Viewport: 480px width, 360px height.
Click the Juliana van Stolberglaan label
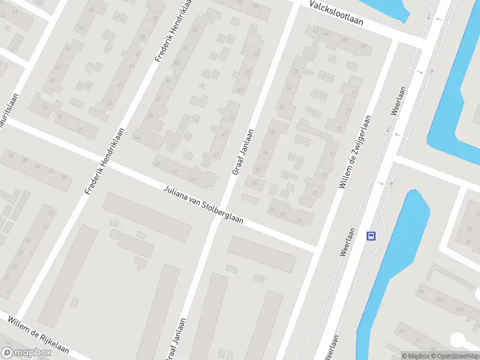coord(203,205)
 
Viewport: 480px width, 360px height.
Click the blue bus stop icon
coord(371,236)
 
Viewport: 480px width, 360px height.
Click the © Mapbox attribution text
coord(414,356)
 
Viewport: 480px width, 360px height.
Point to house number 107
coord(459,310)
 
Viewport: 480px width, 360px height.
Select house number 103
coord(439,299)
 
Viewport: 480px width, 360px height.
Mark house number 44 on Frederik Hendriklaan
coord(137,137)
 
